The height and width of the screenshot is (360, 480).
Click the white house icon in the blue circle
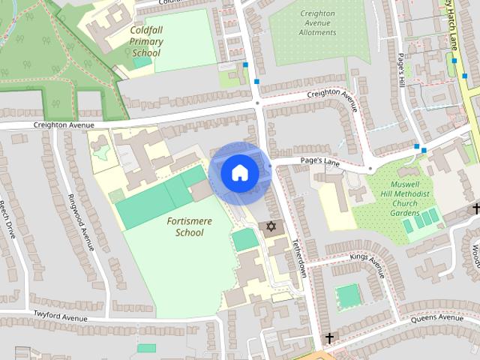click(x=239, y=172)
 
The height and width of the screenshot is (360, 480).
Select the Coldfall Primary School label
click(x=145, y=41)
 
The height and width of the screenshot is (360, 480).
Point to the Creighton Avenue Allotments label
click(x=316, y=23)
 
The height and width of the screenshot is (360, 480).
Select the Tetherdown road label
click(x=299, y=259)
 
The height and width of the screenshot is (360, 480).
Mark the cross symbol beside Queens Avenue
click(x=328, y=339)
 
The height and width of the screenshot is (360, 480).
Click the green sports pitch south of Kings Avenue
click(x=347, y=295)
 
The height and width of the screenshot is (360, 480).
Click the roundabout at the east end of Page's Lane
click(x=370, y=166)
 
